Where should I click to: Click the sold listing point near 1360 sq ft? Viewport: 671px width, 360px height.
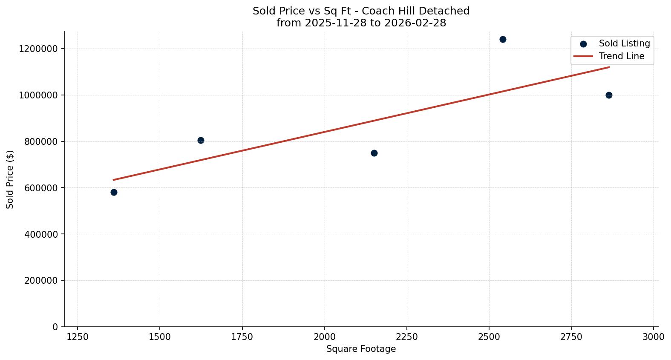point(114,192)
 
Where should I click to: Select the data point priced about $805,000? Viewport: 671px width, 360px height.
point(201,140)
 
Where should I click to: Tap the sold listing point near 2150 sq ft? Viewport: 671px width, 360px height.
point(374,153)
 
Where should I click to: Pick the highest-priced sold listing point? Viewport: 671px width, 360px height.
point(503,39)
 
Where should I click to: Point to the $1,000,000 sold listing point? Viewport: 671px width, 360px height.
point(609,95)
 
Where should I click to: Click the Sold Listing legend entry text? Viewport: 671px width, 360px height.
point(624,43)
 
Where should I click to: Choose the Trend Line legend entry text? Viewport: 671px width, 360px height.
point(622,56)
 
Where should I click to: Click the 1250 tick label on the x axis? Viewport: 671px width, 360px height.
point(78,337)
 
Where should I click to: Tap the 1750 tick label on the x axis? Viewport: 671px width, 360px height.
point(242,337)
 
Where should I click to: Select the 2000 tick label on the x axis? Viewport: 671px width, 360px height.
point(324,337)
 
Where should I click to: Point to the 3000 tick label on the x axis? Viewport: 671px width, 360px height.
point(653,337)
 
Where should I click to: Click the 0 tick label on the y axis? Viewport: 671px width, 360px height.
point(55,327)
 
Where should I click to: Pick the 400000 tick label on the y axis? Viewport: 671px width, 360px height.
point(38,234)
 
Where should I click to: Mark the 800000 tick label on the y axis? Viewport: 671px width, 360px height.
point(38,141)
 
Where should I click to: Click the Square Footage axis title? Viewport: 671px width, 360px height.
point(361,349)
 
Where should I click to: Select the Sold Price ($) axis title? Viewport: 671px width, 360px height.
point(10,179)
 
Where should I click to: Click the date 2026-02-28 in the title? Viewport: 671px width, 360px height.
point(415,23)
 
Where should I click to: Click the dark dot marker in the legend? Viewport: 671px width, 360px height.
point(583,44)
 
